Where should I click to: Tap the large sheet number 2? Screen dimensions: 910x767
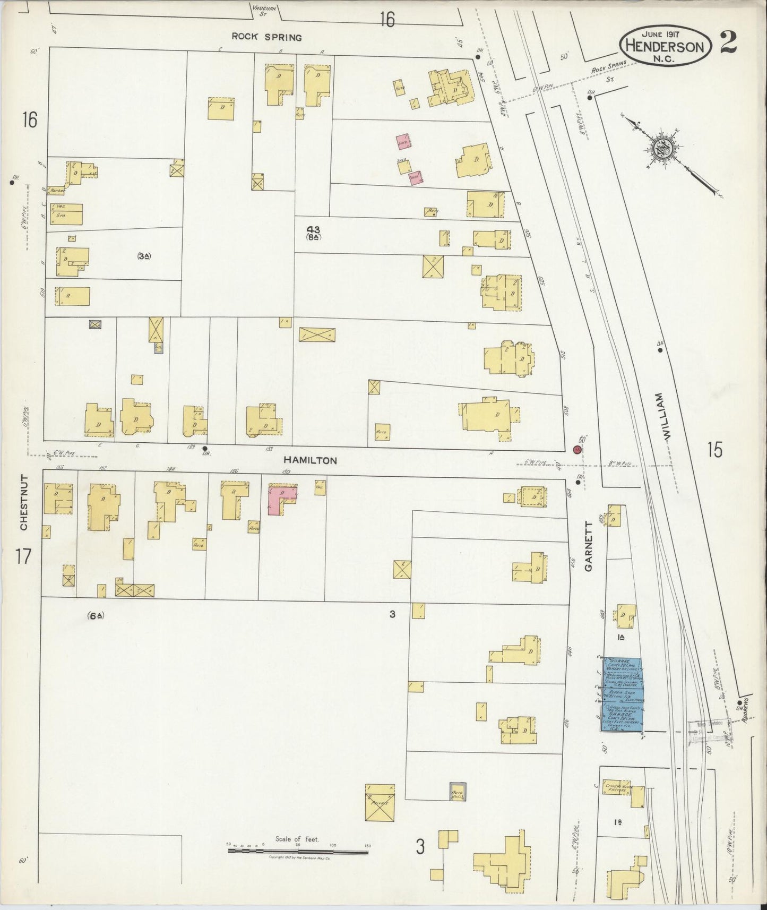[728, 42]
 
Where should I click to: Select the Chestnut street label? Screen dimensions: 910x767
[23, 503]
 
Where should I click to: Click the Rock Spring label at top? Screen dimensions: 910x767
[266, 37]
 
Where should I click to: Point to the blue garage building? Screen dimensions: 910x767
[623, 694]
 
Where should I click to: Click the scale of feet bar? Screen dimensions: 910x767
[298, 852]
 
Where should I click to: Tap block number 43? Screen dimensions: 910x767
[313, 229]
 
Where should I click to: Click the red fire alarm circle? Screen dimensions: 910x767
[578, 450]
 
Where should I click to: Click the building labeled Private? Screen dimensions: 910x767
[380, 803]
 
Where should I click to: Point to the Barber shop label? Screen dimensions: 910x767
[57, 190]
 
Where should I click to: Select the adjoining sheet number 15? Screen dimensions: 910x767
[714, 450]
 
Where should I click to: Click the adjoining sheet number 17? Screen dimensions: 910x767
[23, 557]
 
